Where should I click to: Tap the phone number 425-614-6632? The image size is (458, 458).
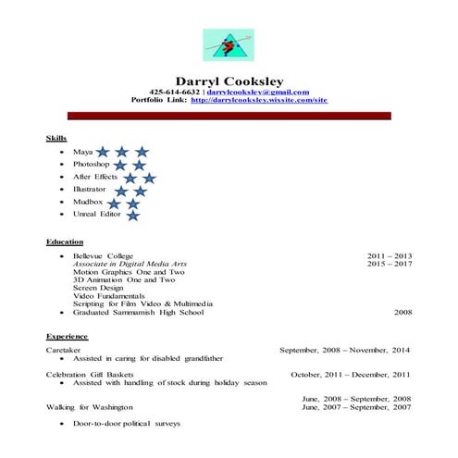(175, 92)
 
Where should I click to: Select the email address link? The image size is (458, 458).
(257, 92)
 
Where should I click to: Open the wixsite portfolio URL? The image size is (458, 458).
(259, 100)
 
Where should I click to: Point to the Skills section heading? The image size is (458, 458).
(56, 138)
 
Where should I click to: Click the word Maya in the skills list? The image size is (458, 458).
(81, 151)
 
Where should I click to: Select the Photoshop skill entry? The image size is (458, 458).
(91, 164)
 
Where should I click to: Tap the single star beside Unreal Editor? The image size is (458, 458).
(132, 215)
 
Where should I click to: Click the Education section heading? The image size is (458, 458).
(65, 241)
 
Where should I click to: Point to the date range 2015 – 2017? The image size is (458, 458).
(389, 264)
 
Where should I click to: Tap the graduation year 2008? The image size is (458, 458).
(402, 313)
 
